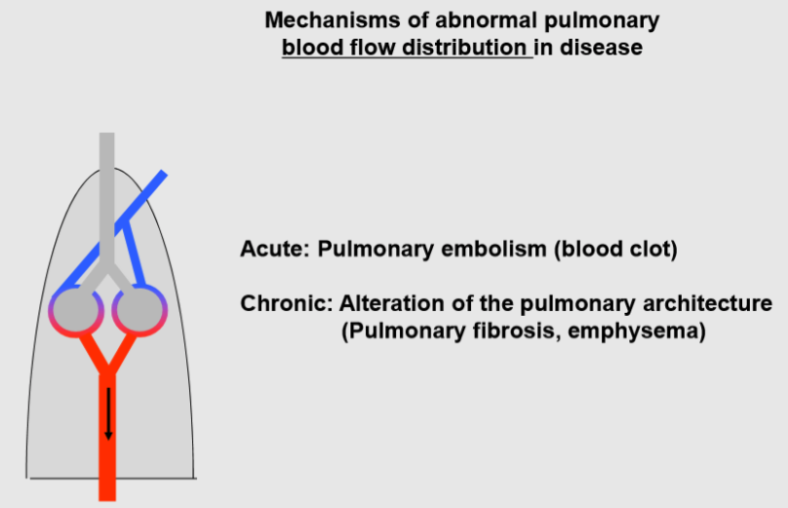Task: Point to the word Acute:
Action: (274, 249)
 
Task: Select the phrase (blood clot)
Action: (615, 249)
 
